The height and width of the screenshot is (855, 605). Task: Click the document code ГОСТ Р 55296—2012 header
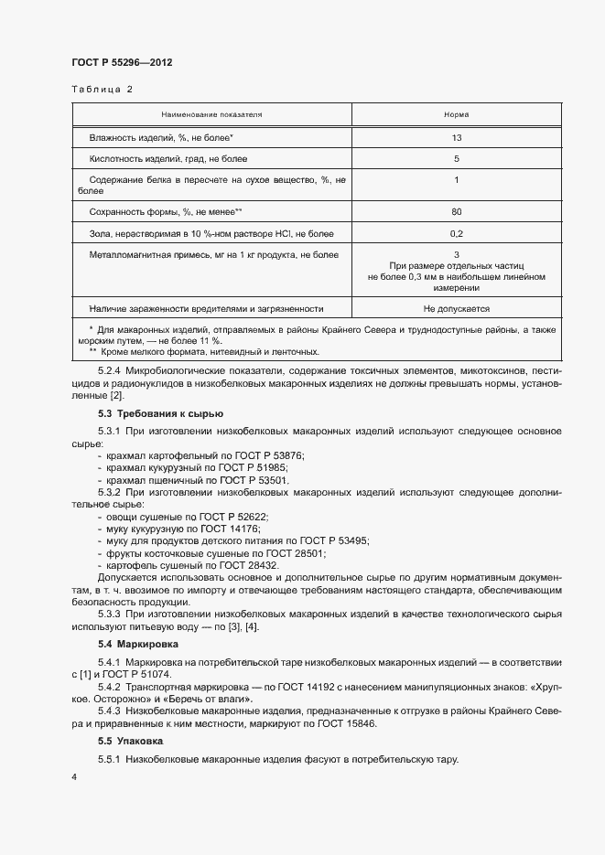click(122, 62)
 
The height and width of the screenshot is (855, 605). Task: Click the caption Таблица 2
click(102, 90)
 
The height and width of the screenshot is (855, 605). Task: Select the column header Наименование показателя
click(211, 115)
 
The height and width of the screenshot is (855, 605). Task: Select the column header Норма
click(456, 115)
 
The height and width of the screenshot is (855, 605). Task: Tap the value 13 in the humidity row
click(456, 137)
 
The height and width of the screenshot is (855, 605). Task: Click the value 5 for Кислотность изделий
click(456, 159)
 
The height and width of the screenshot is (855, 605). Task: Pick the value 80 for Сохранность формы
click(456, 212)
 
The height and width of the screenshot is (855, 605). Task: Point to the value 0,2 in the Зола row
click(456, 234)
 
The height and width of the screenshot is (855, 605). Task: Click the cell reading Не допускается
click(456, 309)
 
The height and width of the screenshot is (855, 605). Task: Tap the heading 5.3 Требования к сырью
click(147, 414)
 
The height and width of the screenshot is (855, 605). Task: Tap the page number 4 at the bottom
click(74, 776)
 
